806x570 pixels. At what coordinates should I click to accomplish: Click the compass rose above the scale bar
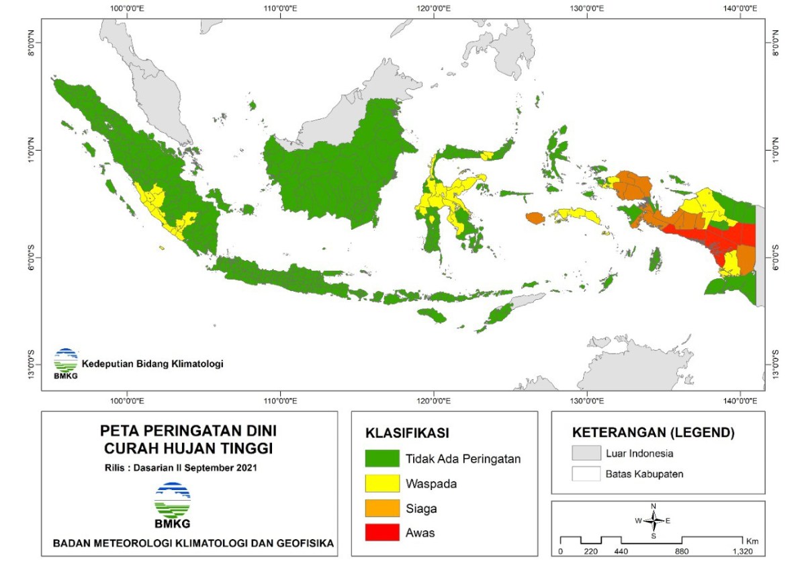[x=654, y=520]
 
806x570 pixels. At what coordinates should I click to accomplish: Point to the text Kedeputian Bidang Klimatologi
[x=152, y=364]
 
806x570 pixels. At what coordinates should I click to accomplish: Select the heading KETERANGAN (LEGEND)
[x=653, y=432]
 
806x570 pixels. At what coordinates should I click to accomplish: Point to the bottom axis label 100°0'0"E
[x=126, y=401]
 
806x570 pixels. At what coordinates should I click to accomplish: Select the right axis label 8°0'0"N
[x=776, y=43]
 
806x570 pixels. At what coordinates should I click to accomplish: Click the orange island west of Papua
[x=535, y=218]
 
